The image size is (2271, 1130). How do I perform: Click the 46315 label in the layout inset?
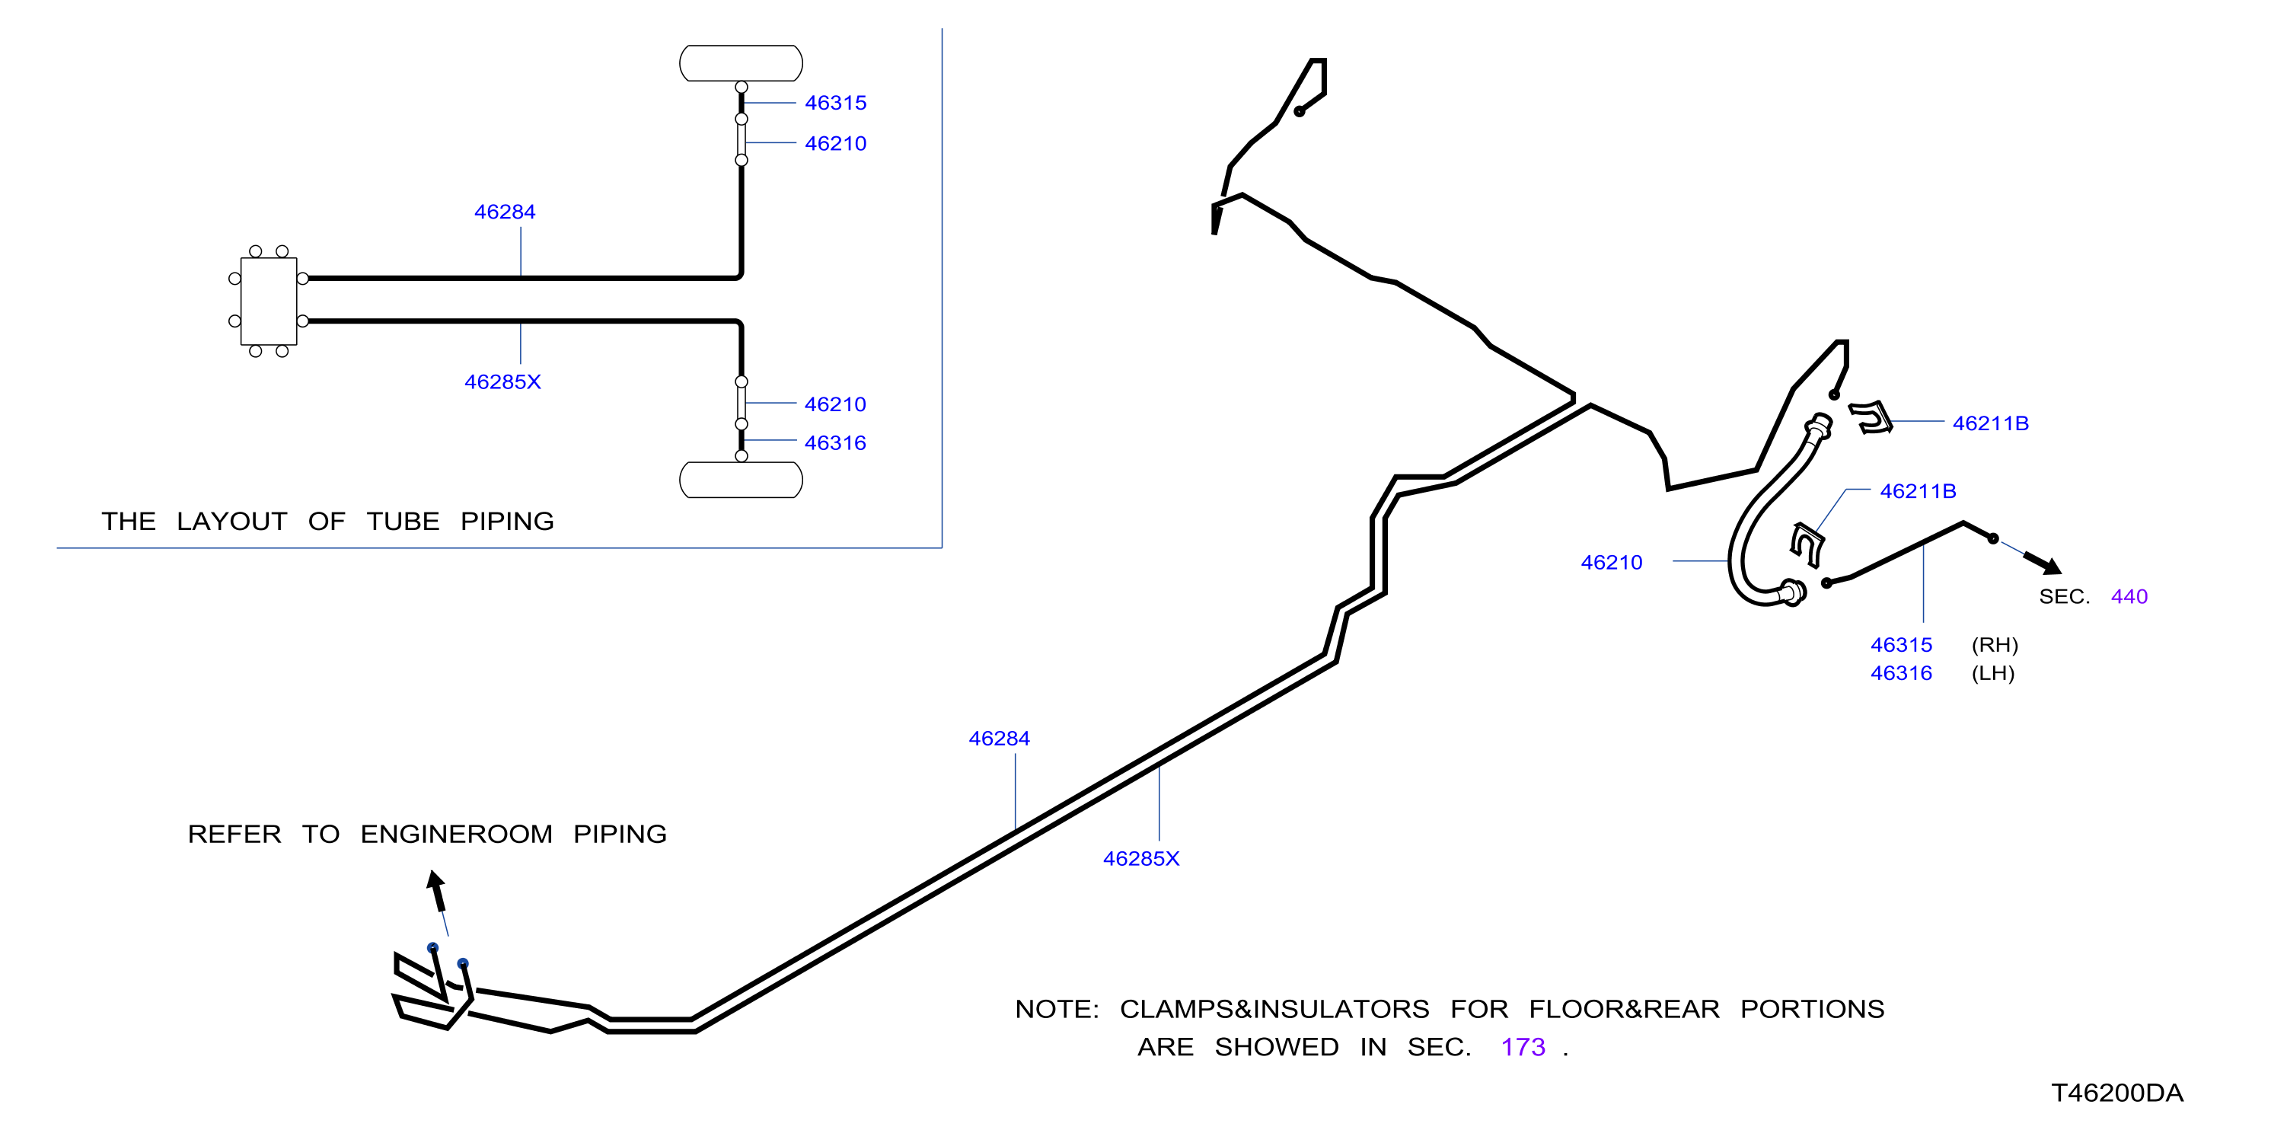835,103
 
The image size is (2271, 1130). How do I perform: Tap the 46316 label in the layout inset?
835,442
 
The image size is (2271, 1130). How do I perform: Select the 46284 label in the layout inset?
504,212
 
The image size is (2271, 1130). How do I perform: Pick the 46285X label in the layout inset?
502,381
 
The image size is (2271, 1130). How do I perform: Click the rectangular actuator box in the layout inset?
269,301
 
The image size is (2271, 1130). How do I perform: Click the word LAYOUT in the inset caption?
232,521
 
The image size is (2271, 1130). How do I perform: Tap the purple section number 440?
2129,597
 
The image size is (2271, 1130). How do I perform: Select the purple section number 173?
1523,1046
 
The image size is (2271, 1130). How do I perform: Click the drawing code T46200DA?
2116,1093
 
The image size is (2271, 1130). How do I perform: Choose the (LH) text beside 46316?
1993,673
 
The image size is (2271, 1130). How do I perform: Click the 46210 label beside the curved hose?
1612,563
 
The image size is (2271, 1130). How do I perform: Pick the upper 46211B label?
1991,423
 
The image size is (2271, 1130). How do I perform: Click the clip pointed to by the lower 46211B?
1807,544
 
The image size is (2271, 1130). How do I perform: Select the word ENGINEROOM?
457,834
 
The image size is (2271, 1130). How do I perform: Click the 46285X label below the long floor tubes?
1140,858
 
